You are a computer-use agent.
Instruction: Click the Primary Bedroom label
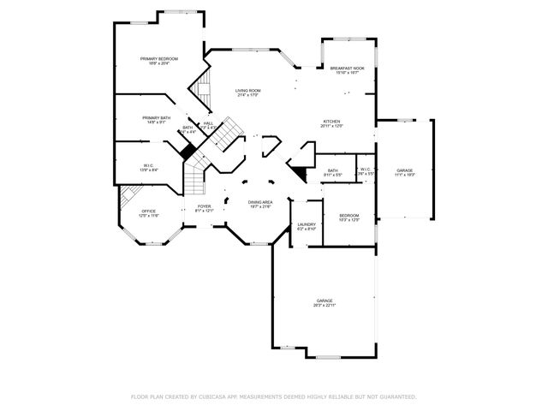159,61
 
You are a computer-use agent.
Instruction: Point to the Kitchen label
331,123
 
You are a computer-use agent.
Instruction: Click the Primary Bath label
157,120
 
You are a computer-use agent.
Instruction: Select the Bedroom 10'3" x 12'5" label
348,217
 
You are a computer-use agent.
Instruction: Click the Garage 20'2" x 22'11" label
325,302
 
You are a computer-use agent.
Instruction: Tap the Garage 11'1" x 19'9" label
404,172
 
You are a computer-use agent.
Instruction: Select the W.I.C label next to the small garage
365,171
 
